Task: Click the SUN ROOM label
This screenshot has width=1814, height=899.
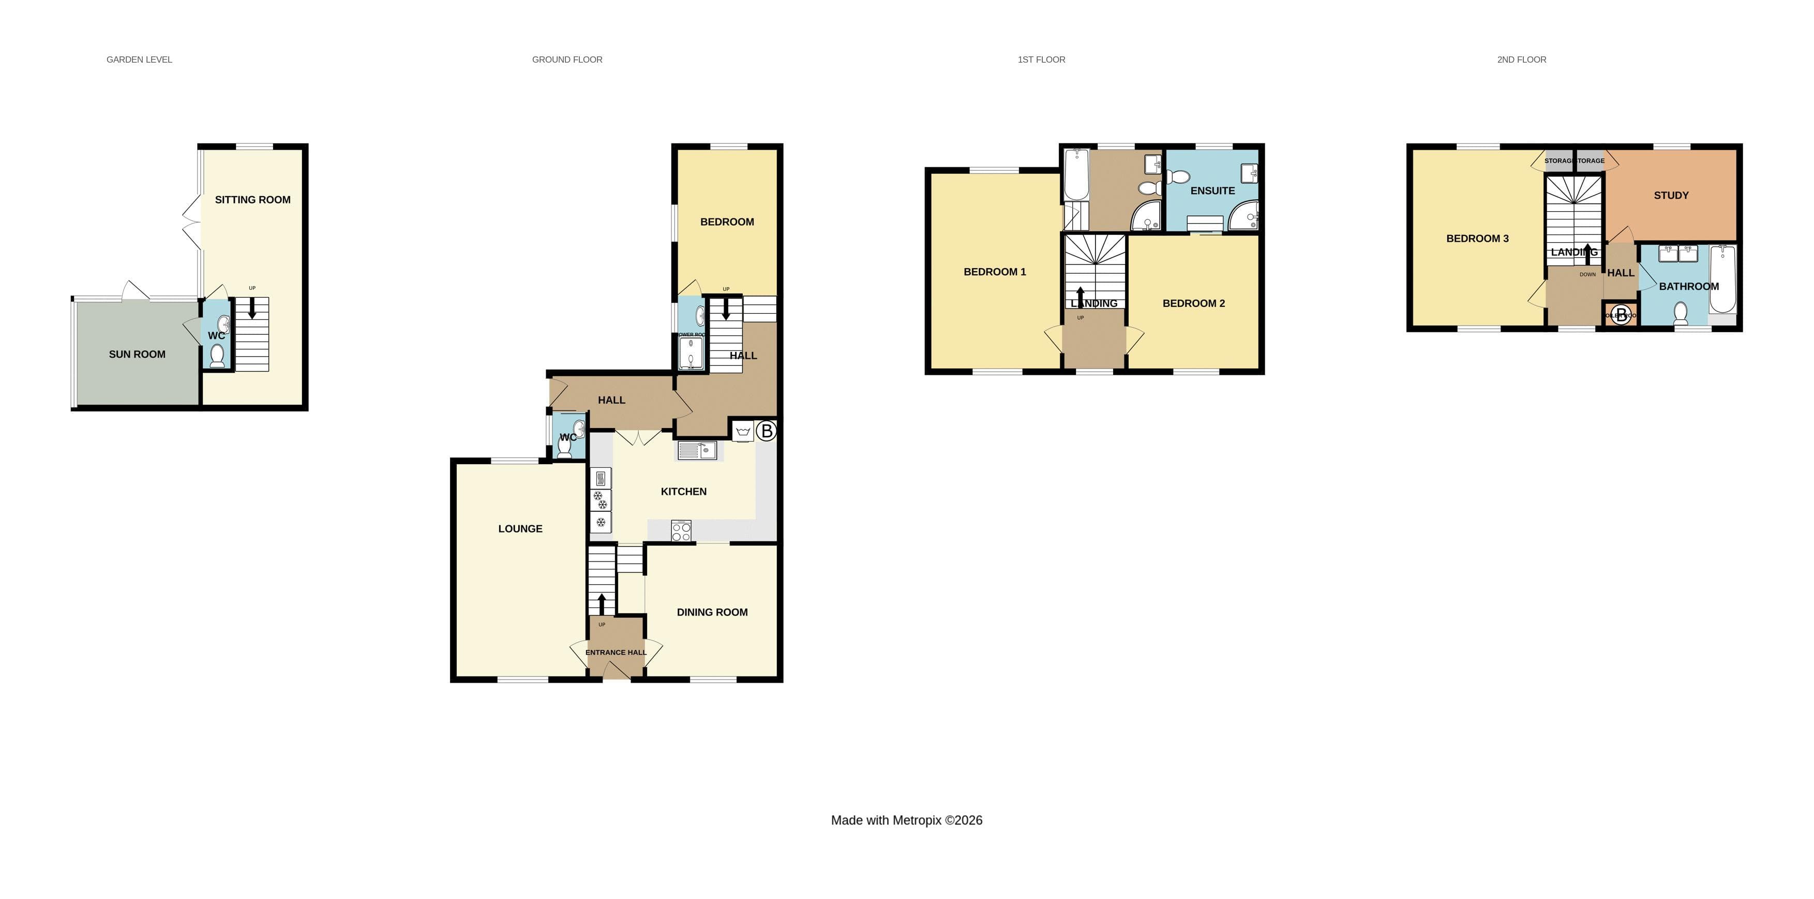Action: [137, 355]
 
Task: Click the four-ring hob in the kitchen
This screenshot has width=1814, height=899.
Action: [681, 531]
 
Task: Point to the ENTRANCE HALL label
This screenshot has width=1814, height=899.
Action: [616, 653]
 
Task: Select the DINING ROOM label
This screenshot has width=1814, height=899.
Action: [712, 612]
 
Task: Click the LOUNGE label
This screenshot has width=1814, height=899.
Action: [520, 529]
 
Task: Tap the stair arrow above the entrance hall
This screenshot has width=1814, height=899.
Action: [602, 604]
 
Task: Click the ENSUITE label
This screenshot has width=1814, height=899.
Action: [1212, 191]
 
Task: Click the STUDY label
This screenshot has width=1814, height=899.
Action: [1670, 196]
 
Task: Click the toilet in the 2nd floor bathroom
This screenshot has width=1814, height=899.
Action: [1680, 312]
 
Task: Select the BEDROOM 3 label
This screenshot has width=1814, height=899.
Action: [1477, 239]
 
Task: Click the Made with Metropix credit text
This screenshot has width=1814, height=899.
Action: [906, 820]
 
